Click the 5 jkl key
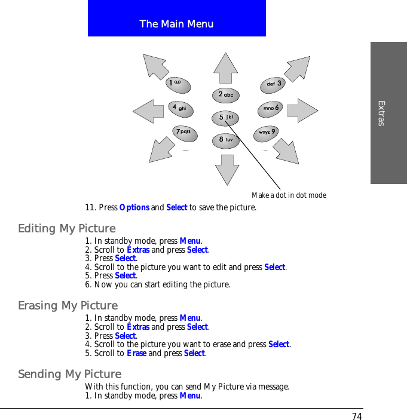[x=225, y=118]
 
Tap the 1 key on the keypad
[x=178, y=84]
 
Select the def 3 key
[x=273, y=85]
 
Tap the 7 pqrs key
[x=183, y=131]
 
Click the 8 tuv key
[x=225, y=140]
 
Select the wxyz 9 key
[x=267, y=132]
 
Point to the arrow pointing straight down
[x=227, y=170]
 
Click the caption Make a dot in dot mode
[x=289, y=195]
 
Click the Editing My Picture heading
[x=67, y=229]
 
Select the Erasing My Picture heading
[x=68, y=306]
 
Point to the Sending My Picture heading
[x=70, y=375]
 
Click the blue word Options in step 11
[x=134, y=208]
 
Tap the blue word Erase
[x=136, y=353]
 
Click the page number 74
[x=357, y=416]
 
